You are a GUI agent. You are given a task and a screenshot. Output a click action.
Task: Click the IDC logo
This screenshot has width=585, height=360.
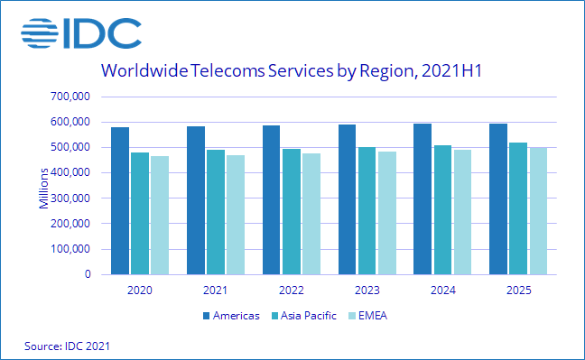(x=80, y=33)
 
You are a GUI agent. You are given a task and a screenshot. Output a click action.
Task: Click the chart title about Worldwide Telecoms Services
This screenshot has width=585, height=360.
(x=293, y=71)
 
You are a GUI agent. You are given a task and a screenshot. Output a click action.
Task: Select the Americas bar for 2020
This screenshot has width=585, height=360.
(x=120, y=200)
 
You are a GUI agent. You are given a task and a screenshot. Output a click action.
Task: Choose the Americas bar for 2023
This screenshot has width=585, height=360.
(x=347, y=199)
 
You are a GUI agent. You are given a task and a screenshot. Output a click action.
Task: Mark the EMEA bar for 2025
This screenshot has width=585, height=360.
(x=537, y=210)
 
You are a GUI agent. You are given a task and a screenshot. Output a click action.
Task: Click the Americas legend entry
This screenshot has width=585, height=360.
(x=230, y=315)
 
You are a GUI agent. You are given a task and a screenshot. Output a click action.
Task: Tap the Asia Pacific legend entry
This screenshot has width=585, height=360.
(x=304, y=315)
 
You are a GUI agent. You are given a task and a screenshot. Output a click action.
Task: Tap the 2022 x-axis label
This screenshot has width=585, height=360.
(x=291, y=291)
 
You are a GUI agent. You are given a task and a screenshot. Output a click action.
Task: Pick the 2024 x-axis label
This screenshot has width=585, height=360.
(x=442, y=291)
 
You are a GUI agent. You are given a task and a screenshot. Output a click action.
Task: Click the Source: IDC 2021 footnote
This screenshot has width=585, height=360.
(x=62, y=346)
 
